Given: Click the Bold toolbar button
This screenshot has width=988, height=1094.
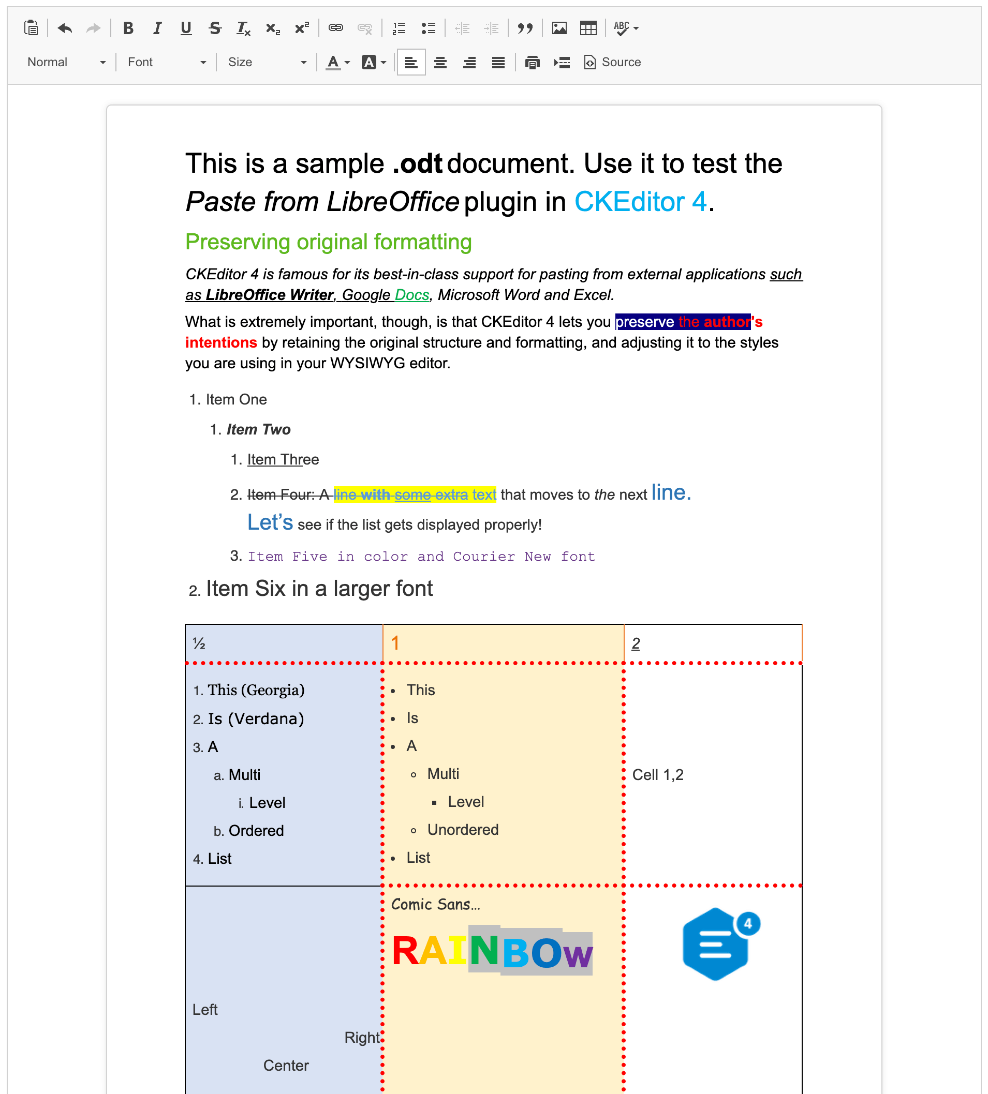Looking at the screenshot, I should (128, 28).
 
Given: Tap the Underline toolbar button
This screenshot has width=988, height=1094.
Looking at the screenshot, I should (186, 28).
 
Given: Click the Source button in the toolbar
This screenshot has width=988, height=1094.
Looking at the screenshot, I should (612, 63).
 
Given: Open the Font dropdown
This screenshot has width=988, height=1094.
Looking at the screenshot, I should (166, 63).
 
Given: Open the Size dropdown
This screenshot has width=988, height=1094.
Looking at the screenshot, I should (267, 63).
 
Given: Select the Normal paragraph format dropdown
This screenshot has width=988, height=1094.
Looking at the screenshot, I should (66, 63).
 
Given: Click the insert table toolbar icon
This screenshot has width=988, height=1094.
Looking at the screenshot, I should (588, 28).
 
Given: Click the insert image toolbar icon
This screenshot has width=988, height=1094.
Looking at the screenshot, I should (559, 28).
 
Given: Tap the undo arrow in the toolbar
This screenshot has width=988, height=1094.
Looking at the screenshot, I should (65, 28).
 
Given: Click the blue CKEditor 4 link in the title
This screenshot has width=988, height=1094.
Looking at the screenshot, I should (640, 202).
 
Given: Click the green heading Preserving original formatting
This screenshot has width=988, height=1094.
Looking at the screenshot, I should (329, 242).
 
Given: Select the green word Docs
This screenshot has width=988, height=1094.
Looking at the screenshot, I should (412, 295).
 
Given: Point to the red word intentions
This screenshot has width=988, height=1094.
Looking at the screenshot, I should (221, 342).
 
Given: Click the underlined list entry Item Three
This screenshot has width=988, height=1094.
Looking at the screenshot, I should (283, 460).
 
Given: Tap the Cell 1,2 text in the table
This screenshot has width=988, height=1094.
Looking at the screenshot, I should (657, 775).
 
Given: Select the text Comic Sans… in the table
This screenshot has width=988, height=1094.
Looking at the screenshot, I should (435, 905).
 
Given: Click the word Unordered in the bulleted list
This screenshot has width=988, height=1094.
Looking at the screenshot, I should (463, 830).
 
